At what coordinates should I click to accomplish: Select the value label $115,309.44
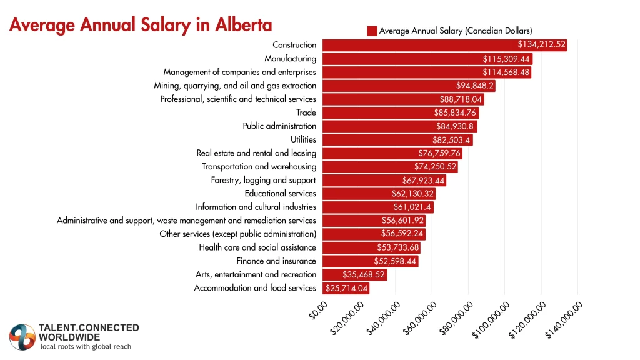tap(506, 59)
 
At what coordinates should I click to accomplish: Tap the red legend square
tap(372, 31)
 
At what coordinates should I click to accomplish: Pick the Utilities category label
tap(303, 139)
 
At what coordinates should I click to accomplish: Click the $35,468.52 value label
tap(364, 275)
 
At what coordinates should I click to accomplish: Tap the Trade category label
tap(306, 112)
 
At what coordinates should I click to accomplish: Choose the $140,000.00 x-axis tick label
tap(565, 319)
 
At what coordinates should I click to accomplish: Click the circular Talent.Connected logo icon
tap(22, 337)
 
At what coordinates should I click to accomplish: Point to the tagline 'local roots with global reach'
tap(86, 347)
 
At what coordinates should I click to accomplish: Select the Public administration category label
tap(279, 126)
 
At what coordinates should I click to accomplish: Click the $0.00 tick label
tap(319, 310)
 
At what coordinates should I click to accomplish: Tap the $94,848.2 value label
tap(475, 86)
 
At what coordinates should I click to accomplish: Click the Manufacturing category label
tap(290, 59)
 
